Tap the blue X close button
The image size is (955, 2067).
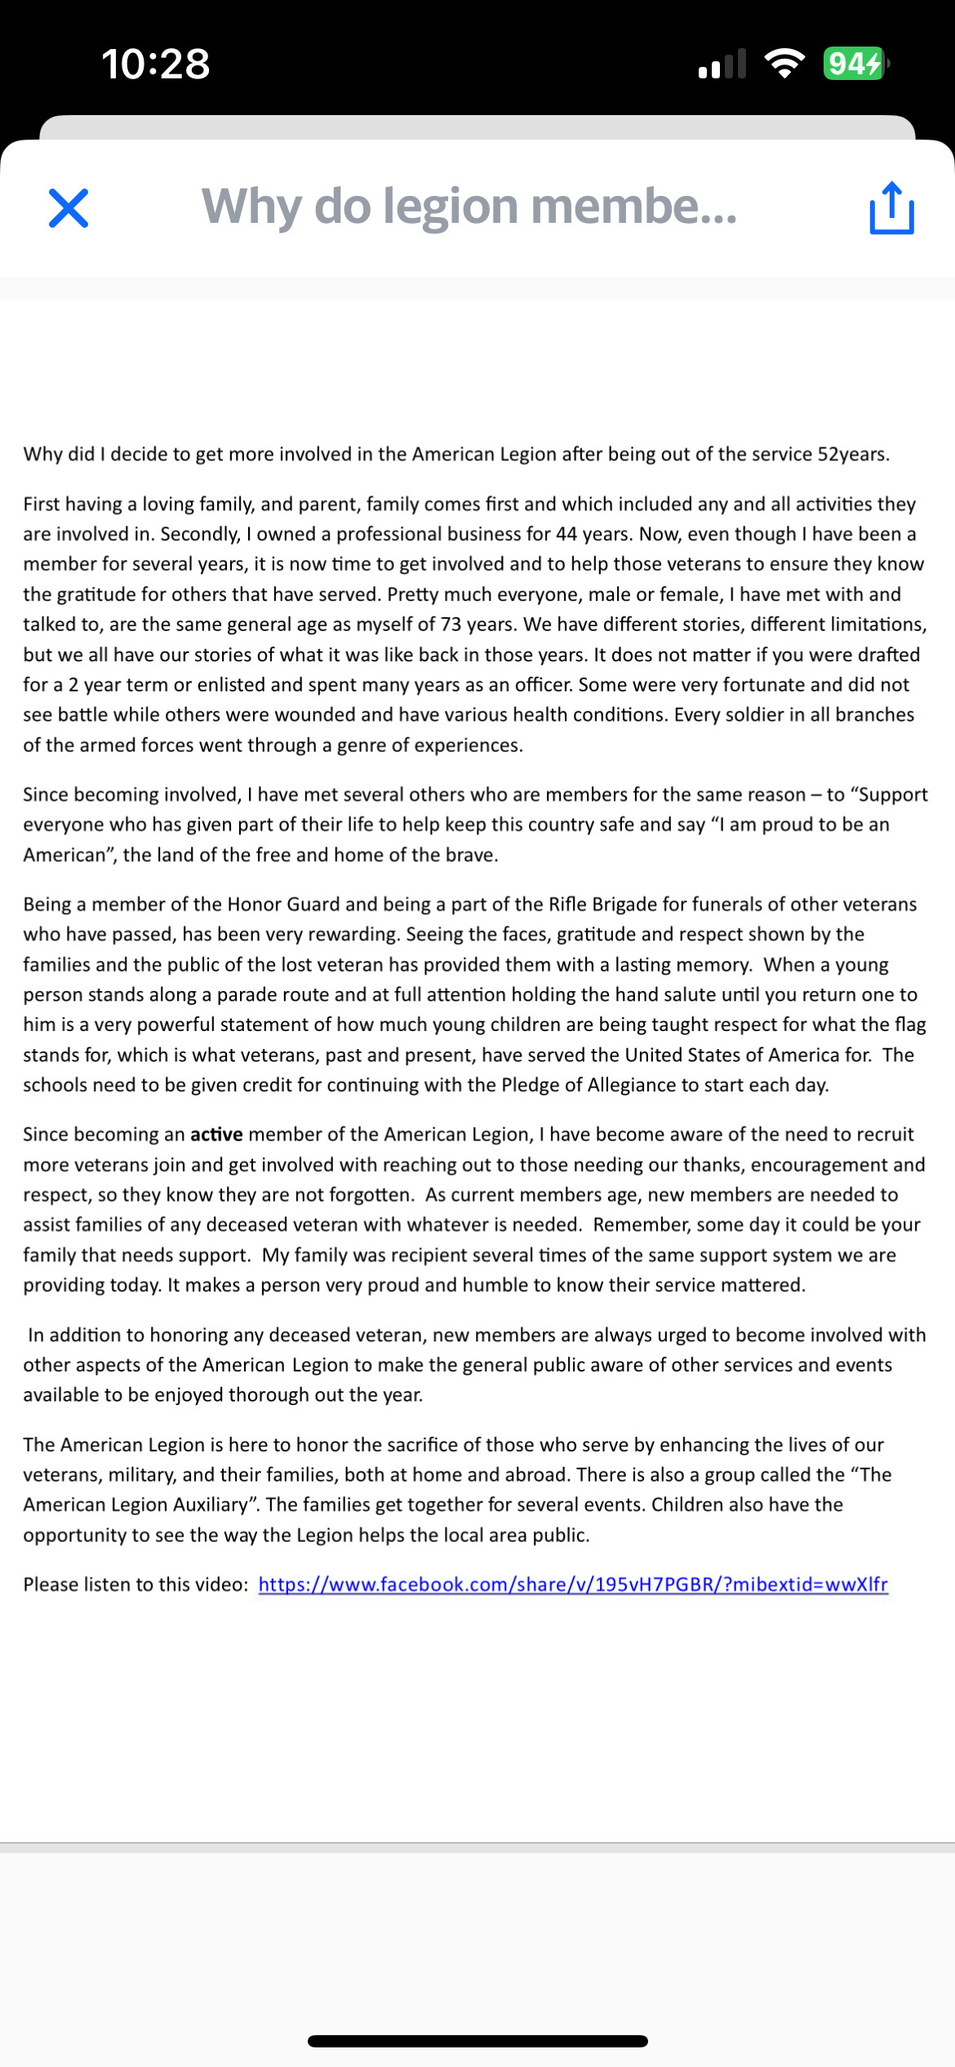[x=69, y=208]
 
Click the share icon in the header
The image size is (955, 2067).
[x=891, y=208]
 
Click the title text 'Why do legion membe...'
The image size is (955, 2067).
[x=469, y=206]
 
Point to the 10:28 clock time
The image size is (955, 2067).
[x=155, y=64]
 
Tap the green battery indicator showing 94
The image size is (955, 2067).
[x=854, y=64]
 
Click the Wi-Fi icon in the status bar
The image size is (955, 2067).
[x=784, y=64]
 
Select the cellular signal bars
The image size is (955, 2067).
[x=722, y=64]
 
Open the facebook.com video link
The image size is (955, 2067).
[x=573, y=1585]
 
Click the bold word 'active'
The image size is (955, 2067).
[x=216, y=1135]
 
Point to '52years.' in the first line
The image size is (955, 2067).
[x=853, y=455]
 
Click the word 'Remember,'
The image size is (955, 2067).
[x=633, y=1225]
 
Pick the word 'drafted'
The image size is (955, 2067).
[x=888, y=655]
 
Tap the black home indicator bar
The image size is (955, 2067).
[x=477, y=2041]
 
